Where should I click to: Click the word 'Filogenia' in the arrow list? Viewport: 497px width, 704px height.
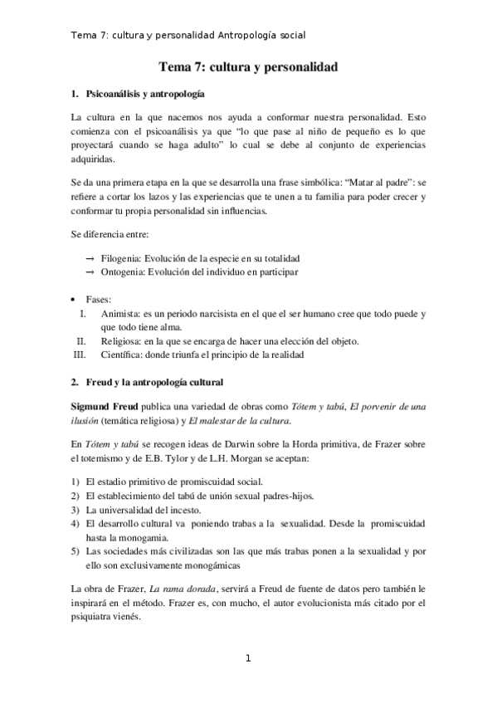tap(119, 259)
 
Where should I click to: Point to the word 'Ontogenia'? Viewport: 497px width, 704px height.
tap(121, 272)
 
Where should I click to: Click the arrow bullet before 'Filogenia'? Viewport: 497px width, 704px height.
tap(89, 259)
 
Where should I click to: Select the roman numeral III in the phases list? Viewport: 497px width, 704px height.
tap(80, 354)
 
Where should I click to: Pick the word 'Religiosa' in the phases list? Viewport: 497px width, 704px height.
tap(121, 340)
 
